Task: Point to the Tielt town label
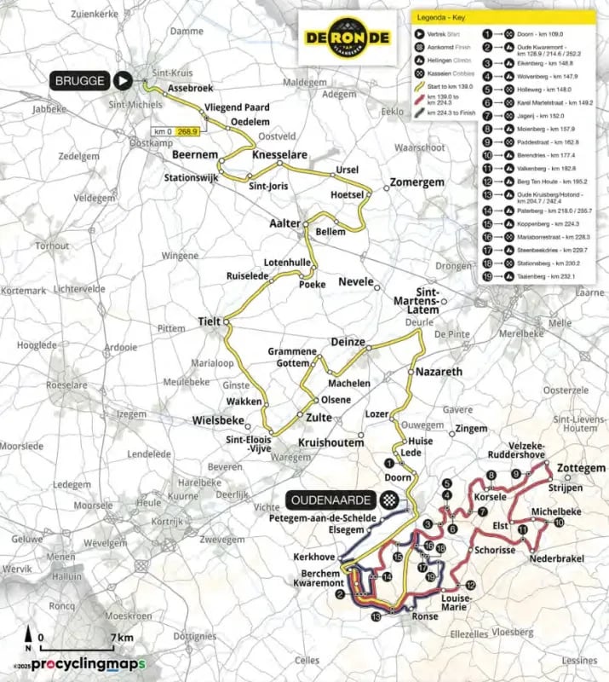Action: tap(209, 321)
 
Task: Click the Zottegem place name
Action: tap(581, 469)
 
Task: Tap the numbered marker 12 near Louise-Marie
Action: tap(469, 586)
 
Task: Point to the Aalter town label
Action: tap(285, 223)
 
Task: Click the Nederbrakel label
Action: tap(558, 558)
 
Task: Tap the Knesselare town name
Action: tap(281, 156)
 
